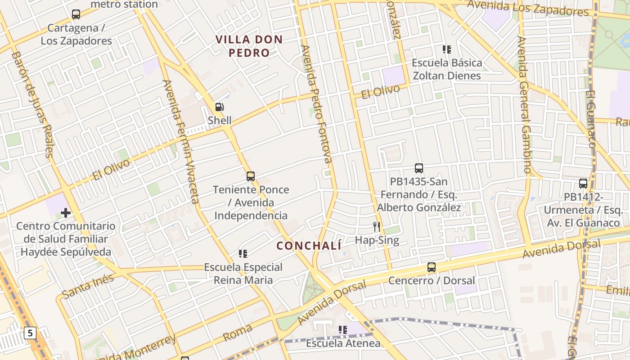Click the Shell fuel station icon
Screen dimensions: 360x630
220,107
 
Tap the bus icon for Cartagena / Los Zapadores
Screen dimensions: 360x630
76,14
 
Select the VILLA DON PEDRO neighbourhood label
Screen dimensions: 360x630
249,46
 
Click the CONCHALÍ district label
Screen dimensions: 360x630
309,246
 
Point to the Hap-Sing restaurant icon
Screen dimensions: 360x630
377,227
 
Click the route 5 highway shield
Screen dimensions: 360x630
30,333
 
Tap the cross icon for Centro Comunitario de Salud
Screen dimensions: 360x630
66,212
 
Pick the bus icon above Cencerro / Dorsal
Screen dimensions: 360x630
432,267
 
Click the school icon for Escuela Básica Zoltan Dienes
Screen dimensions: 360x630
446,49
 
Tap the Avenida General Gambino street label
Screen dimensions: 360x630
525,104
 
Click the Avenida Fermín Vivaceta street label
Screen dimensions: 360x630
181,141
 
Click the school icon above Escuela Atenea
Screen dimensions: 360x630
343,330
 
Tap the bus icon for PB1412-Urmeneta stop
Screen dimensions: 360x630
583,184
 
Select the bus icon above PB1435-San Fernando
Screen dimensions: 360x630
419,168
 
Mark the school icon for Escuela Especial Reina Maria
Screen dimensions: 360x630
243,254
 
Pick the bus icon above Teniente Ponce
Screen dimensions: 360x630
251,176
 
